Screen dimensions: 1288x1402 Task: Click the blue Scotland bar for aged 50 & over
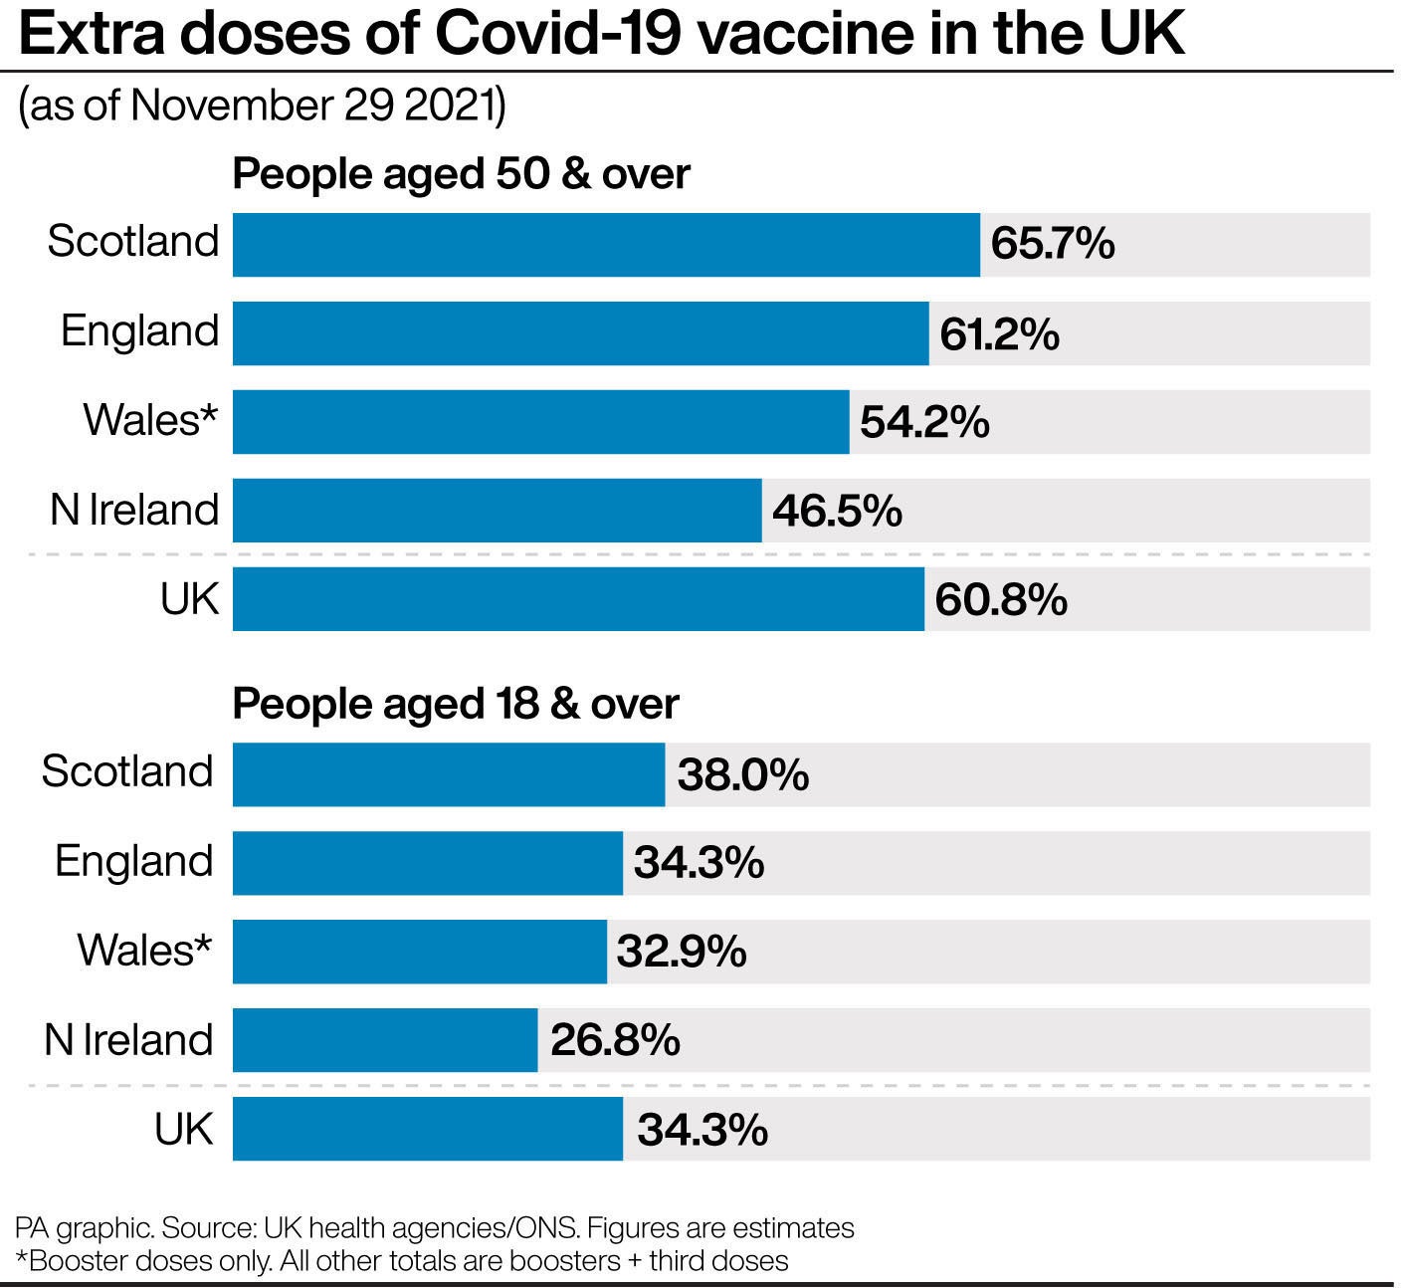click(605, 245)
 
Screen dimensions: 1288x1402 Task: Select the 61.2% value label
click(998, 334)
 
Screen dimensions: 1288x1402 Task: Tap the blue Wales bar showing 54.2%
click(540, 422)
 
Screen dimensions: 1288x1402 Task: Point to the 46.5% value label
click(837, 511)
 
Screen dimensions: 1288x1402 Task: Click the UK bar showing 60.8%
click(577, 599)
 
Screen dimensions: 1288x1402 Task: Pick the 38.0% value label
click(742, 774)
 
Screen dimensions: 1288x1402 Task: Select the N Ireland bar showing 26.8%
click(384, 1040)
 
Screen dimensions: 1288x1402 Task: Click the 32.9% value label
click(681, 952)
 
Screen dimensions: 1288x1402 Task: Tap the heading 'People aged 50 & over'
click(461, 174)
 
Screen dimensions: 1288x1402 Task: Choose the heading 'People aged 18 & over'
click(455, 704)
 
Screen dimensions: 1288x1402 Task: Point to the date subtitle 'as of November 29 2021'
click(262, 106)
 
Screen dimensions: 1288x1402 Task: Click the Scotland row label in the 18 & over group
click(127, 771)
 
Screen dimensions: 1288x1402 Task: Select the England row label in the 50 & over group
click(139, 330)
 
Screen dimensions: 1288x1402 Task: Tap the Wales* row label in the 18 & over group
click(144, 950)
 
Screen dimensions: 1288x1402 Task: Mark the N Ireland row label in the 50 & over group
click(134, 510)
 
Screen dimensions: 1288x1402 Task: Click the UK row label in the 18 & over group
click(183, 1129)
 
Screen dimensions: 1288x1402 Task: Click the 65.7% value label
click(1052, 245)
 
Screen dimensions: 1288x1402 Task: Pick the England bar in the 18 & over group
click(427, 863)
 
